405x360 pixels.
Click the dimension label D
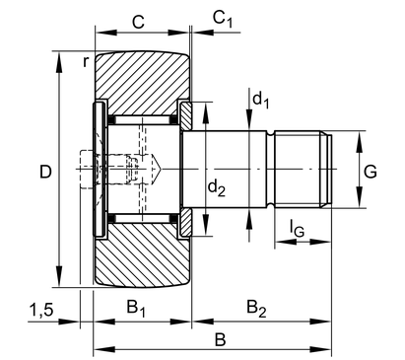coord(45,172)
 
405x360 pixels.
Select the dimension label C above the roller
coord(138,22)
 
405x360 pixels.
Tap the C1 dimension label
coord(223,19)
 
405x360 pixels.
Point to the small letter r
coord(86,61)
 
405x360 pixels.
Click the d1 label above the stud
coord(261,100)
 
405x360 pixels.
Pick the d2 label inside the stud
coord(217,188)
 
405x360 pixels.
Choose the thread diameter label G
coord(371,172)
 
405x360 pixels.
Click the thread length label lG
coord(297,228)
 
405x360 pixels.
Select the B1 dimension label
coord(136,309)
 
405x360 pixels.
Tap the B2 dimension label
coord(256,309)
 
